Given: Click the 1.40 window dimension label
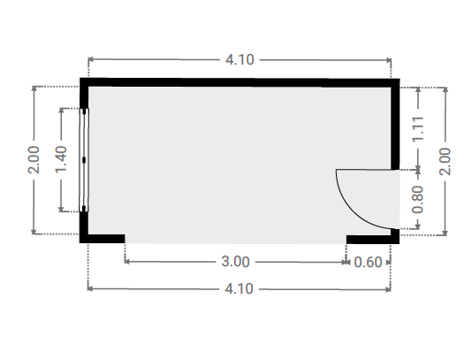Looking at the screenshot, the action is [61, 159].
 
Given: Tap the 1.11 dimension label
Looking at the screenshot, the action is [418, 128].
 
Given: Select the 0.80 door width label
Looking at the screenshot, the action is [417, 199].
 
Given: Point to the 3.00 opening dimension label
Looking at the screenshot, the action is [235, 262].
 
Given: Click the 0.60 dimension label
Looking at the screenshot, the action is [368, 262].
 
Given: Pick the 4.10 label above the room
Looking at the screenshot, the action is [240, 59].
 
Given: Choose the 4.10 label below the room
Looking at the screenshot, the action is [239, 289].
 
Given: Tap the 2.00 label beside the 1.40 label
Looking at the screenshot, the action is [34, 160].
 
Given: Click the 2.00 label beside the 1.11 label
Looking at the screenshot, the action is [445, 161].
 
